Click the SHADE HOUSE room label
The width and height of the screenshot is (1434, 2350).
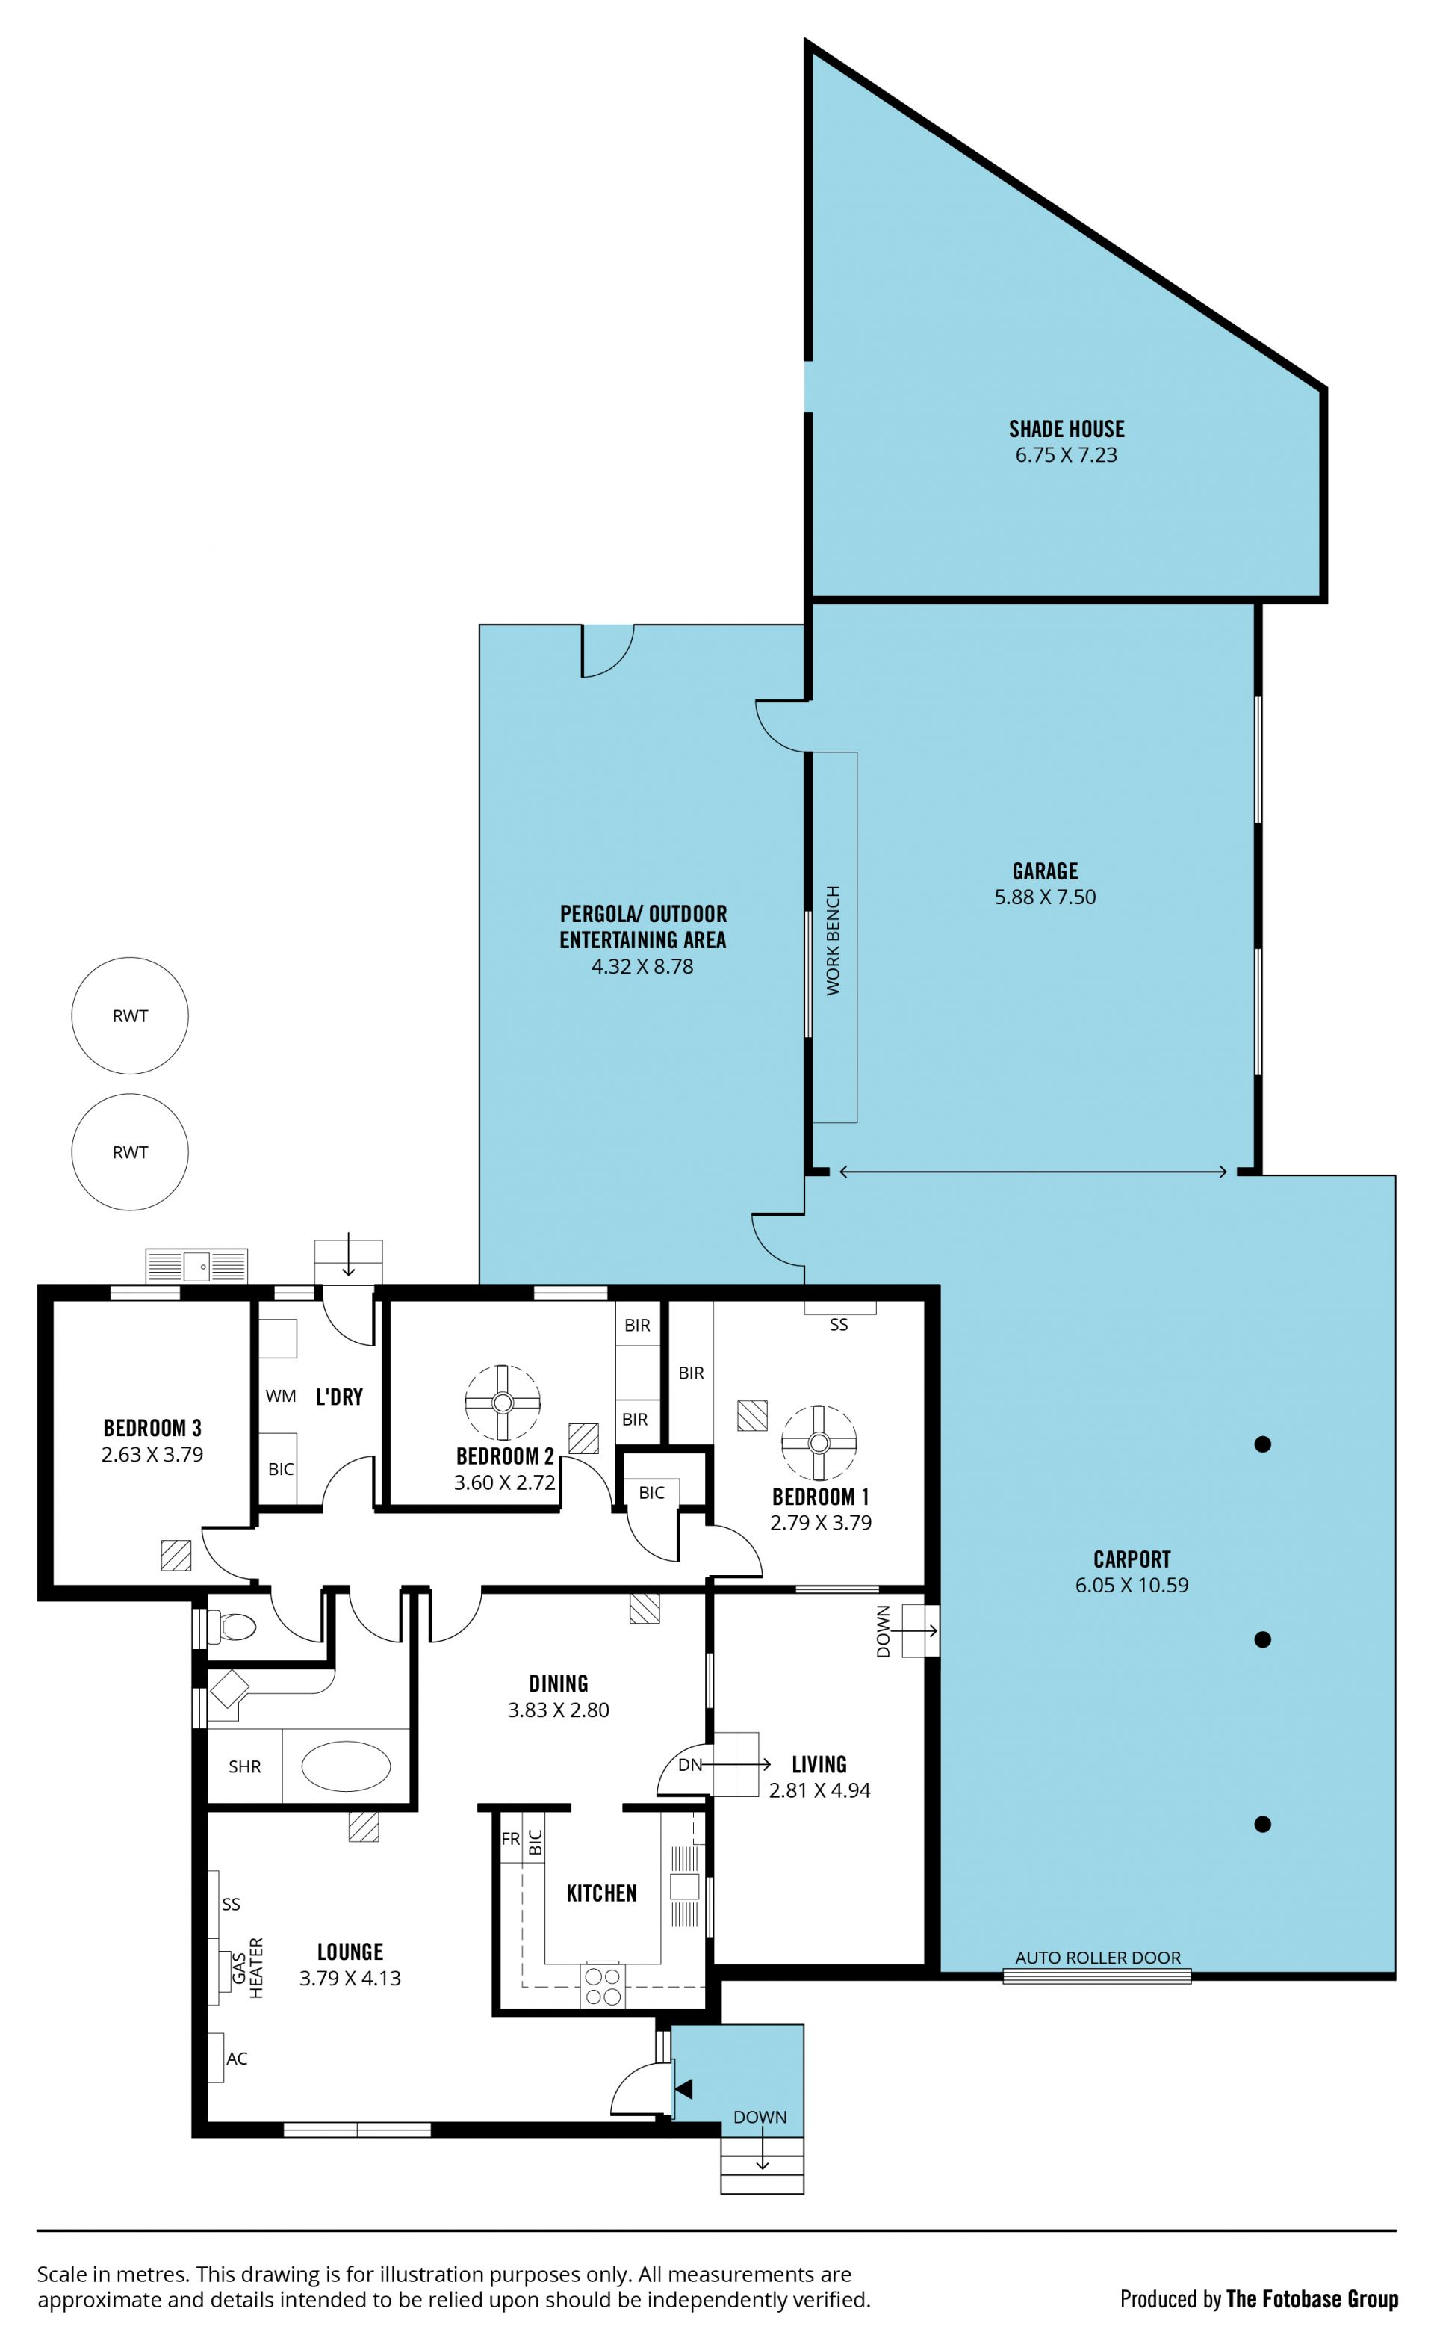click(1066, 429)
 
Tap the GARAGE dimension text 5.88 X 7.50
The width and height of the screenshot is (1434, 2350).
click(1045, 897)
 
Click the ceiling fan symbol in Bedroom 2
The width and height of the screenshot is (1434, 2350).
click(503, 1402)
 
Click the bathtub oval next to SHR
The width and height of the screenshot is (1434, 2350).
click(345, 1766)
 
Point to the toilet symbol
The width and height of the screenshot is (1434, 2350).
click(232, 1626)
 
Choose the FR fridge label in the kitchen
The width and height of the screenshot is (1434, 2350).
click(510, 1839)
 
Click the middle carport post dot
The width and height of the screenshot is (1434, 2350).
click(1262, 1639)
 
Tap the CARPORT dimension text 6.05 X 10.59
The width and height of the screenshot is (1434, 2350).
click(1132, 1585)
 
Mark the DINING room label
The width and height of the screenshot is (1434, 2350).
click(558, 1683)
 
